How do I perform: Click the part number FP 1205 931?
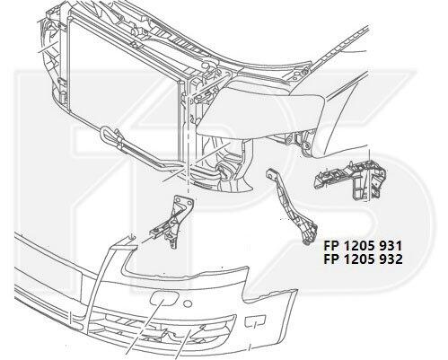363,246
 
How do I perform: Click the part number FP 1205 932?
363,259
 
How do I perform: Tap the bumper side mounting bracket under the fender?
349,180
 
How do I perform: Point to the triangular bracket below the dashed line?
173,221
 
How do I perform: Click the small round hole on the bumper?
188,303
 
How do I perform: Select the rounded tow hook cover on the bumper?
165,299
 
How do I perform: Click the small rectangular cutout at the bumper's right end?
255,321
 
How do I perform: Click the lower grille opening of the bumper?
162,329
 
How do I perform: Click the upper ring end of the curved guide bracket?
270,173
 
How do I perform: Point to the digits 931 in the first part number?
391,246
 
